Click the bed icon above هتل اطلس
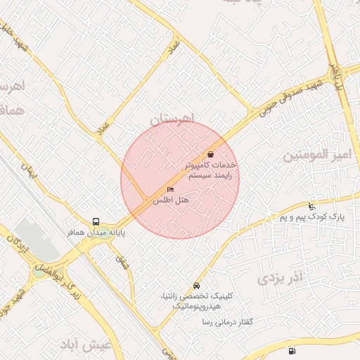pos(170,190)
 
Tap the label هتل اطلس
pos(172,200)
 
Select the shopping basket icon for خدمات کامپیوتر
pos(210,154)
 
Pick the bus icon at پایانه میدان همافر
pos(96,221)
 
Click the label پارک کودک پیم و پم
pos(312,218)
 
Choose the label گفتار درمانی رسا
pos(226,321)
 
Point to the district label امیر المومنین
pos(316,154)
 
